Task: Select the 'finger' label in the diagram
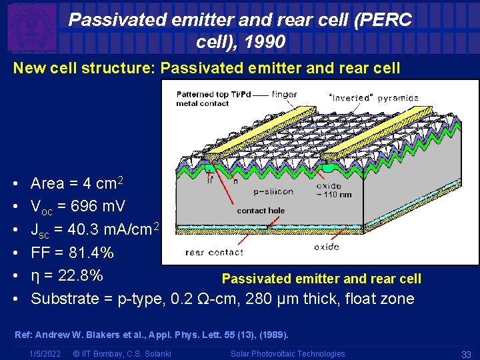285,95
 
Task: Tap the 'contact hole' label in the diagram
261,211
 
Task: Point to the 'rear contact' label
214,252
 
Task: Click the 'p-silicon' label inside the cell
273,192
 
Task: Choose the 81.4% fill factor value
88,253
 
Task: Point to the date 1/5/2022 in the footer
45,354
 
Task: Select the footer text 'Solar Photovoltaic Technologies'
288,354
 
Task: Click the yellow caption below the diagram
321,278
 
